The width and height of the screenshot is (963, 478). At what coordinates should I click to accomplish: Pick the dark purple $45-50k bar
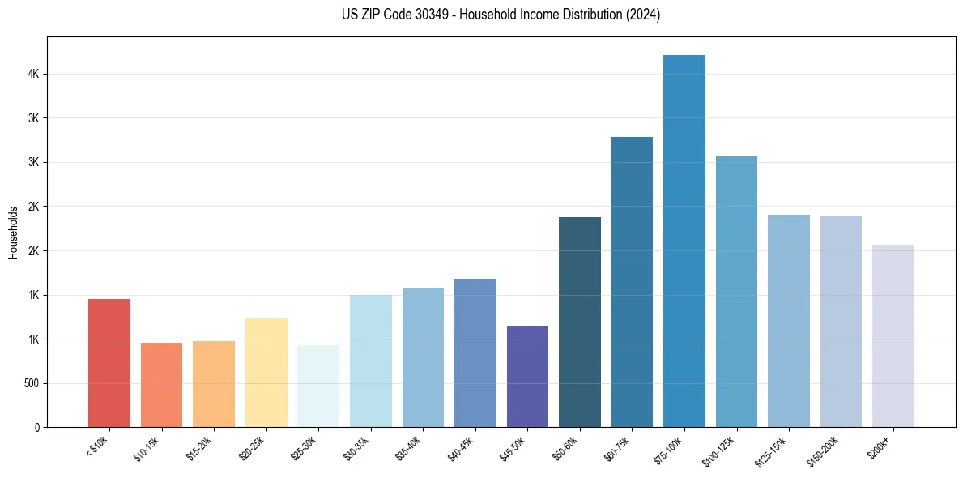(527, 377)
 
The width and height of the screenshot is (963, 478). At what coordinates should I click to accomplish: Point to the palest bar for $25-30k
(318, 386)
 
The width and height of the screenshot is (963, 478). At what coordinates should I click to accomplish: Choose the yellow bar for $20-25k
(266, 373)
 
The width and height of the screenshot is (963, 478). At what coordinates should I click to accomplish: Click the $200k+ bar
(893, 336)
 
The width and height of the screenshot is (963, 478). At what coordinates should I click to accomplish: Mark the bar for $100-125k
(736, 292)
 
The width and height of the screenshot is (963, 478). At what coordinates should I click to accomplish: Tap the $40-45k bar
(475, 352)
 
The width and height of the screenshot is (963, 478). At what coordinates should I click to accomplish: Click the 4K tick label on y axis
(32, 74)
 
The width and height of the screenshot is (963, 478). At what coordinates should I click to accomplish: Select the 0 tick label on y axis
(36, 427)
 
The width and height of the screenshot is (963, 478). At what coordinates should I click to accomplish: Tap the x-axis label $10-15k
(149, 448)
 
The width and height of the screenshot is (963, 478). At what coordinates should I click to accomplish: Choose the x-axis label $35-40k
(411, 448)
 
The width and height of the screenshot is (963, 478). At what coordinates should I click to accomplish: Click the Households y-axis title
(13, 233)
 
